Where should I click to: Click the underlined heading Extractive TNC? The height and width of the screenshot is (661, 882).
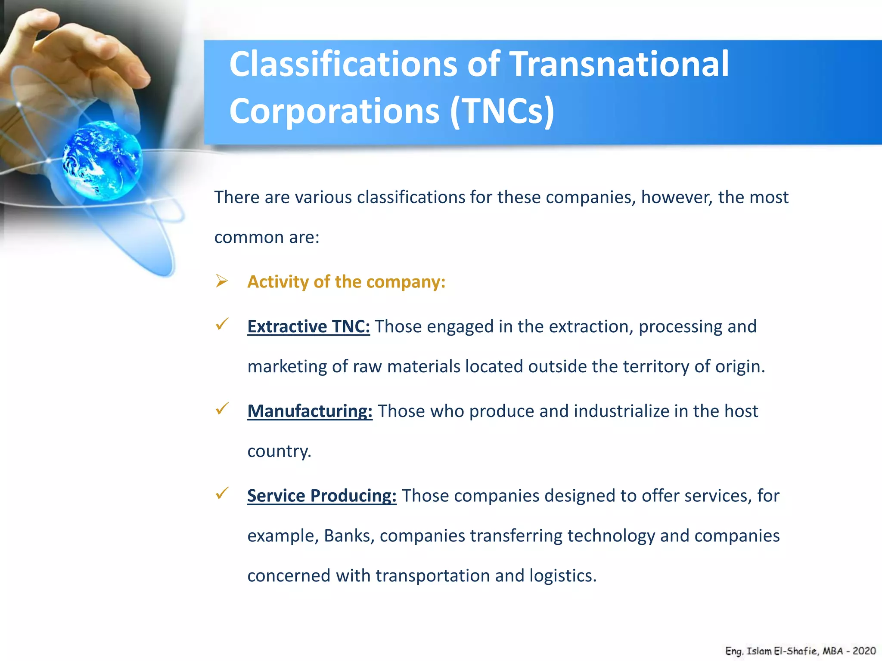point(308,327)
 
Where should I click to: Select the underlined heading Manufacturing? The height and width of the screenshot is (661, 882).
point(310,411)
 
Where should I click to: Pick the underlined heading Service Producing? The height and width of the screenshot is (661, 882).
point(322,496)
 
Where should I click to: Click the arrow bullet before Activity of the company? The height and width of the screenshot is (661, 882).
point(222,281)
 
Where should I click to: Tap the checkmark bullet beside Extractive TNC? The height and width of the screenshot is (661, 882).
point(222,324)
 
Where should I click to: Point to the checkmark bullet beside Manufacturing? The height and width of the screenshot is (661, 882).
point(222,408)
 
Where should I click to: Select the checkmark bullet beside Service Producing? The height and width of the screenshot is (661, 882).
point(222,493)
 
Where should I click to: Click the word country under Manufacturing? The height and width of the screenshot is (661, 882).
point(279,451)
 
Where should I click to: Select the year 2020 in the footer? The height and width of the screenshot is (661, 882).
point(864,651)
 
